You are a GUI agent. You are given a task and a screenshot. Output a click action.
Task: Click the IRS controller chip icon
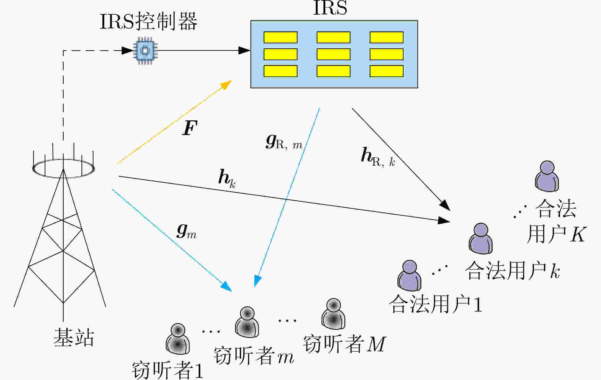tap(145, 51)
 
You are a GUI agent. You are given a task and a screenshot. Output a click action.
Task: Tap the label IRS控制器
tap(149, 21)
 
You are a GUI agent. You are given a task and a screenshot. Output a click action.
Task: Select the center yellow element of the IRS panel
tap(334, 54)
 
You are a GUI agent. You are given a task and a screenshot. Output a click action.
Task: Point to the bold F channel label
tap(190, 128)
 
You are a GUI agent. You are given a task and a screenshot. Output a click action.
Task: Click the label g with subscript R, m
tap(284, 142)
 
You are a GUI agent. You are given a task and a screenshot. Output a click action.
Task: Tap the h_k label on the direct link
tap(227, 179)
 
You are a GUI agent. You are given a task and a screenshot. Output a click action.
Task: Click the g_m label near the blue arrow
tap(186, 232)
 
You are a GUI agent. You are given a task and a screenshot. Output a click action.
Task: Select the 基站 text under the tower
tap(74, 338)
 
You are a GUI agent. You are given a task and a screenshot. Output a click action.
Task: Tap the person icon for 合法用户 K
tap(547, 176)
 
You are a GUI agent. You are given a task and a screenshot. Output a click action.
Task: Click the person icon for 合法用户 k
tap(480, 238)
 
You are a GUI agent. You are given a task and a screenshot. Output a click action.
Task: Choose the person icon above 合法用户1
tap(409, 276)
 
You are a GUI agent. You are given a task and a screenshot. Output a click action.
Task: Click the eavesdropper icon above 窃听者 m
tap(247, 322)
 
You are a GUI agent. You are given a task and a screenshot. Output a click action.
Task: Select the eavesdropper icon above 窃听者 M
tap(333, 314)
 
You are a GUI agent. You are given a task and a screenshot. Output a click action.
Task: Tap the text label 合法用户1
tap(435, 304)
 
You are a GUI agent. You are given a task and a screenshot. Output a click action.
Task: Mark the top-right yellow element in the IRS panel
tap(387, 37)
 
